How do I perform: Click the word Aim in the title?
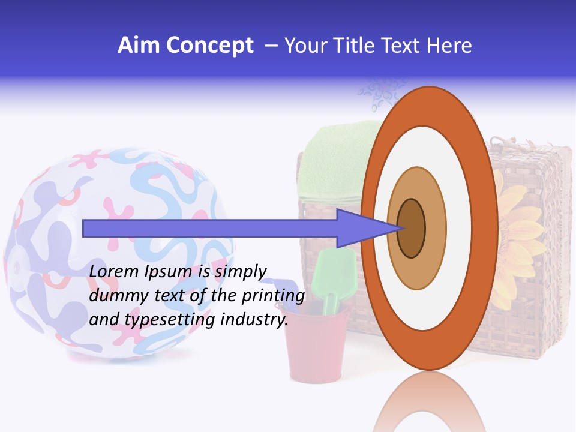139,46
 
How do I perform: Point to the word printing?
273,296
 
